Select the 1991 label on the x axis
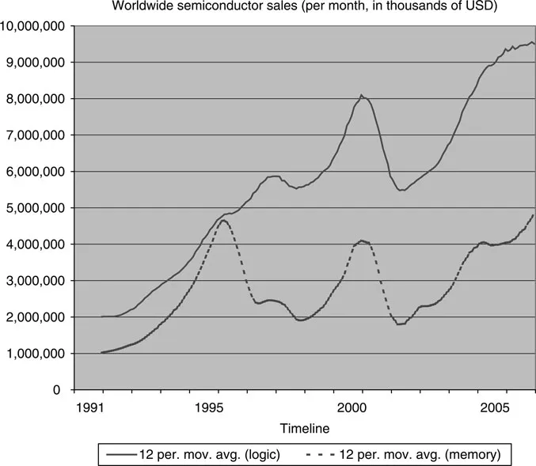pos(102,408)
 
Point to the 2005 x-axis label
pos(495,408)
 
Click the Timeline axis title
pos(304,427)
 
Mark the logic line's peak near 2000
pos(362,96)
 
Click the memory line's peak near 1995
pos(224,220)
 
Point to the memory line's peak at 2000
pos(361,241)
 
